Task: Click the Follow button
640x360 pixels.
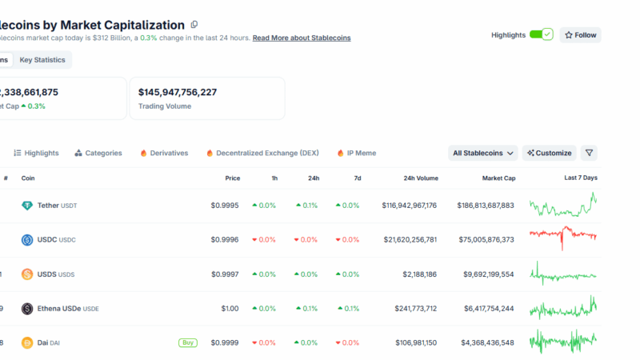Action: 581,35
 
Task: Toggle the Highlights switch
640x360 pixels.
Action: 542,35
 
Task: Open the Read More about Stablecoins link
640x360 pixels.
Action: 302,38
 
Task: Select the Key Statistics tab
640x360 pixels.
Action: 42,60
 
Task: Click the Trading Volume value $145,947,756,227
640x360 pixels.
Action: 188,92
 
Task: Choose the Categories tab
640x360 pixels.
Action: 98,153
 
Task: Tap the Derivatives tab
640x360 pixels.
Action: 164,153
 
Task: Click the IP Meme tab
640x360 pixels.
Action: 357,153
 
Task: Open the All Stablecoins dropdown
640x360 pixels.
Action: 483,153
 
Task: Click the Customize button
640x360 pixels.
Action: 549,153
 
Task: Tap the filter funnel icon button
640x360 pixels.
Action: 589,153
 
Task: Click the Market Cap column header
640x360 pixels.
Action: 498,178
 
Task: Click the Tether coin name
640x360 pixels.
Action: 48,206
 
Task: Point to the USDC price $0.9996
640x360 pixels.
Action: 225,240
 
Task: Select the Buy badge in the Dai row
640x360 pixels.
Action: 188,342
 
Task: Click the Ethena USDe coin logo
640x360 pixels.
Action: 27,309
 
